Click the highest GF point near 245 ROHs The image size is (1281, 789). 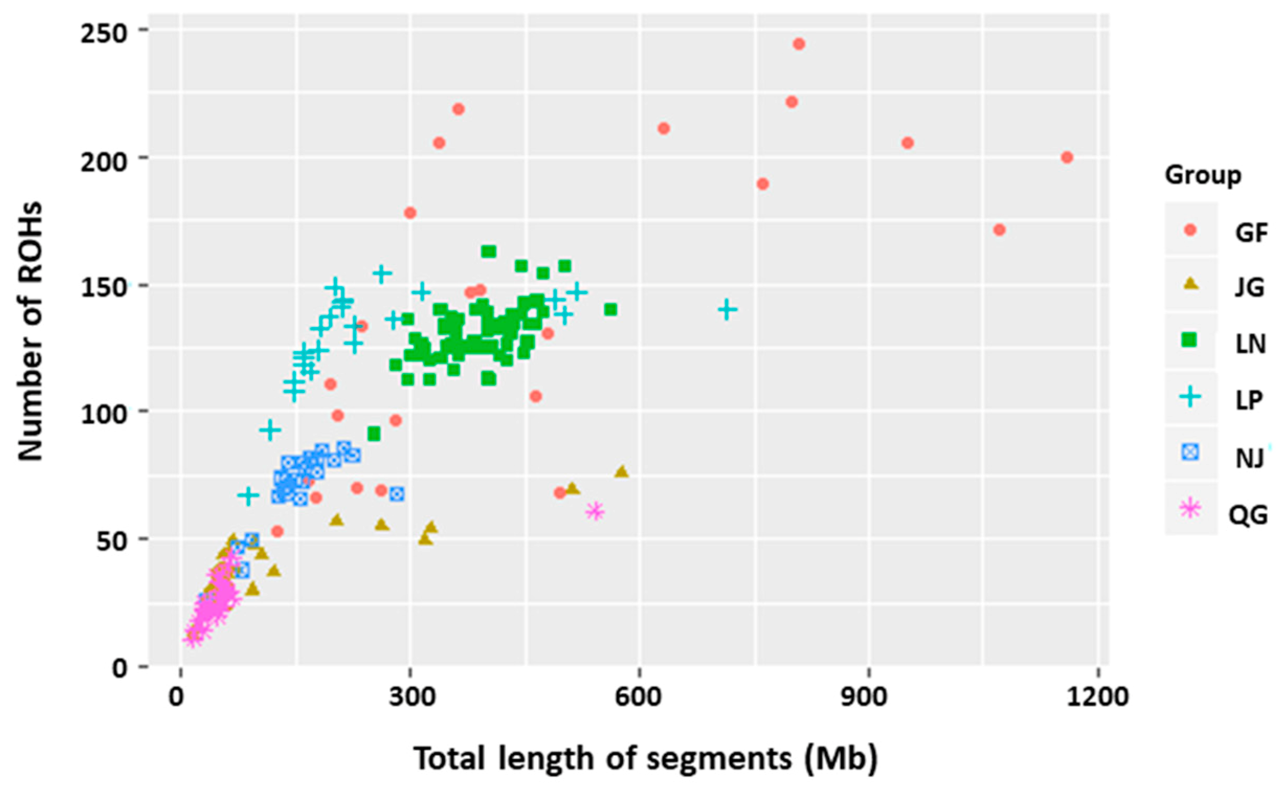point(799,44)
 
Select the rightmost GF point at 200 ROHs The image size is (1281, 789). point(1067,157)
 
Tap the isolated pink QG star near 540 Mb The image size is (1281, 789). point(595,512)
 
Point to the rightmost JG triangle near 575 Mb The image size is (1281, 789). point(621,472)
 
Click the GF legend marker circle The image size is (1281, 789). point(1190,230)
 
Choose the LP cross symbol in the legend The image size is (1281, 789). point(1190,397)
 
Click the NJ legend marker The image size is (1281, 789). point(1190,453)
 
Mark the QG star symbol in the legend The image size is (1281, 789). point(1190,509)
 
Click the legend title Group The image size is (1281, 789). point(1203,175)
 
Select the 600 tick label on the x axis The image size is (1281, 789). point(640,698)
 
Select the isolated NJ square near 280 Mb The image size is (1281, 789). point(397,494)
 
